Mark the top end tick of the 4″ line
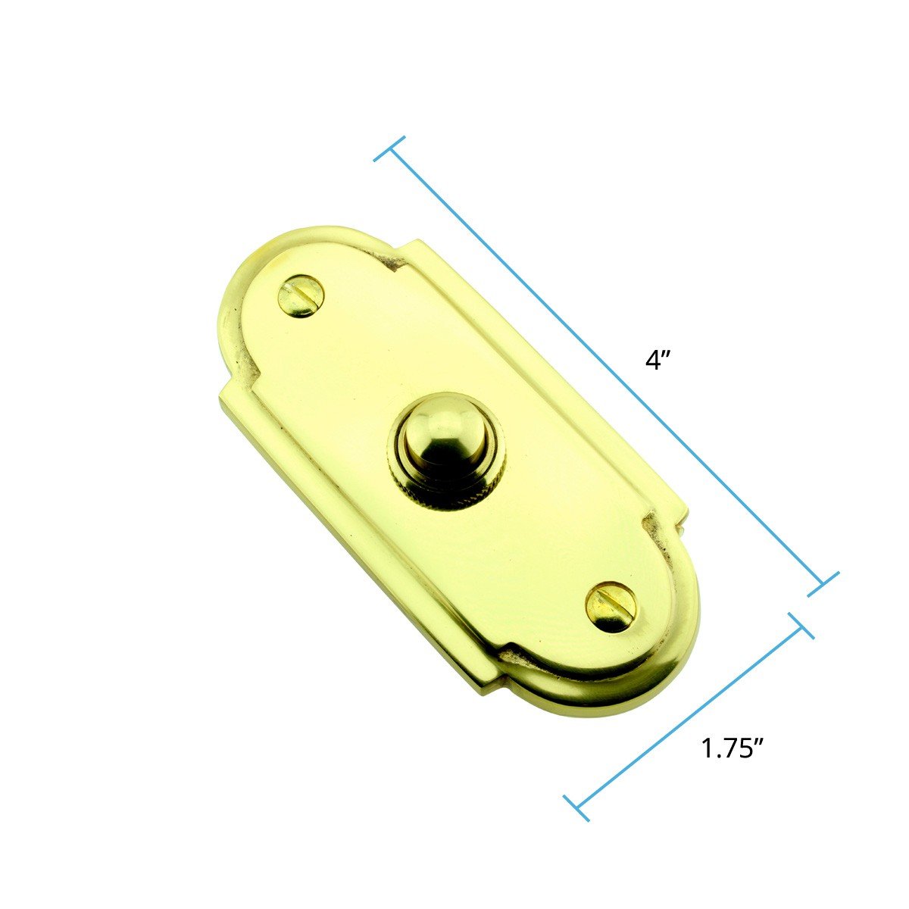pyautogui.click(x=389, y=148)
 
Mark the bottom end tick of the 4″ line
pyautogui.click(x=823, y=584)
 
